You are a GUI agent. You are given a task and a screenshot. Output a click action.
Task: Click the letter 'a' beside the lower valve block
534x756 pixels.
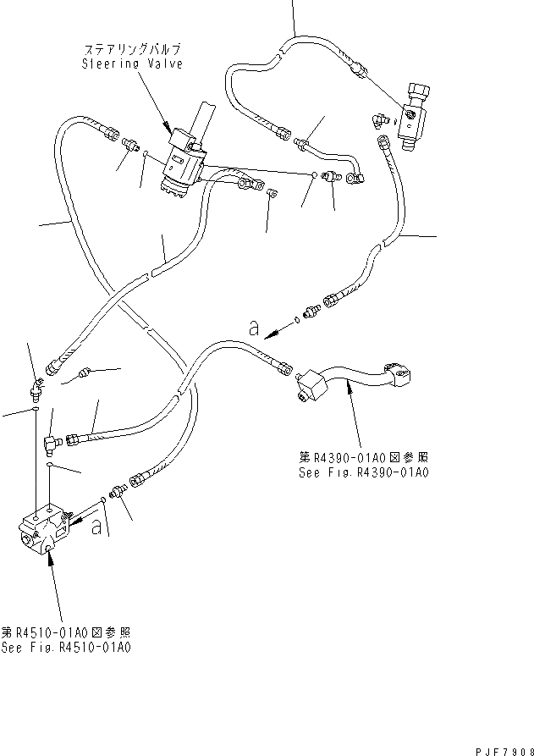[98, 527]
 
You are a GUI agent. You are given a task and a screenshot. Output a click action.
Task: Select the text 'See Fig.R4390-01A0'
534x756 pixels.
[363, 472]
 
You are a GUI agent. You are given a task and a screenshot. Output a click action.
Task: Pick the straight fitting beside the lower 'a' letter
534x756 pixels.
[118, 492]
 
